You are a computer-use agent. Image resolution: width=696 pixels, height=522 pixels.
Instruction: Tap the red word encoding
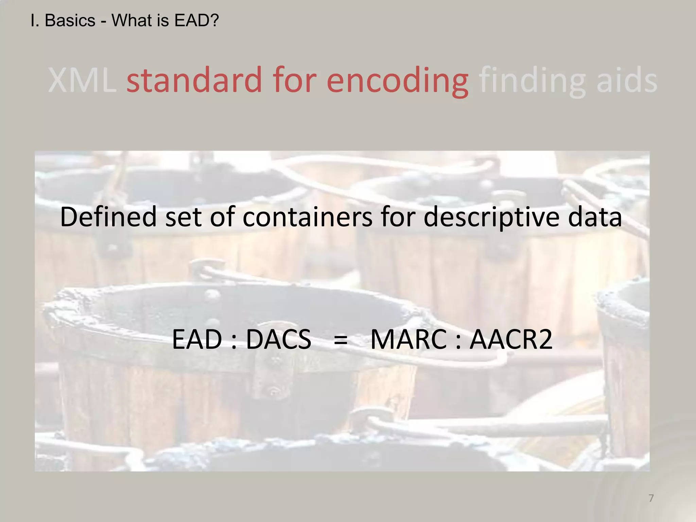[398, 81]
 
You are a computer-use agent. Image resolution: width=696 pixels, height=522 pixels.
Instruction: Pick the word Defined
[108, 216]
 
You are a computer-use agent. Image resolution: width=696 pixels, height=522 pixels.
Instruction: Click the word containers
[307, 216]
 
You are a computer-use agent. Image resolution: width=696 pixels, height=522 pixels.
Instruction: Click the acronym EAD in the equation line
[197, 339]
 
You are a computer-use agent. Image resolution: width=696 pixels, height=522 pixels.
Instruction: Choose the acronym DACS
[278, 339]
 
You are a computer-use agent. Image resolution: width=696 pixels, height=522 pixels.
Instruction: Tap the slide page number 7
[651, 498]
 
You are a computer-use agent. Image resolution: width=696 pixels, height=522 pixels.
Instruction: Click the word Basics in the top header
[70, 21]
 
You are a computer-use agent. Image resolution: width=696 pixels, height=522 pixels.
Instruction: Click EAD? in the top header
[196, 21]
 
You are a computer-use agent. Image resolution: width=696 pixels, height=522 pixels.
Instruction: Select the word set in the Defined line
[184, 216]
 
